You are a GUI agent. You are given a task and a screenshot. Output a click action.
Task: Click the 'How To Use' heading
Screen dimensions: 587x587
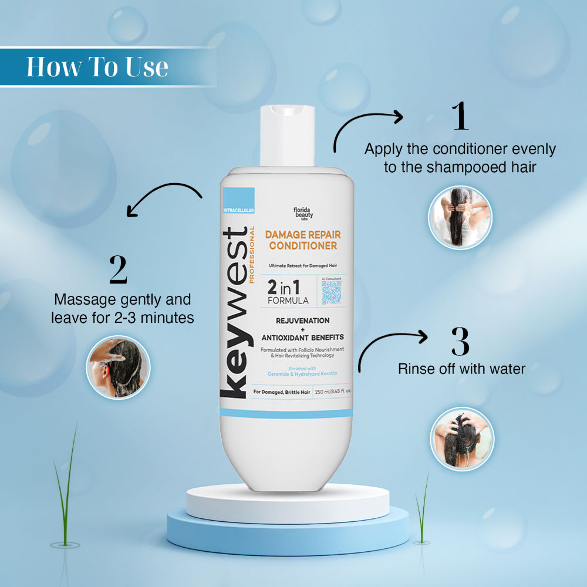(x=97, y=67)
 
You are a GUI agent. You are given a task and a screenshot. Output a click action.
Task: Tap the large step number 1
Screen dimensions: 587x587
(x=460, y=117)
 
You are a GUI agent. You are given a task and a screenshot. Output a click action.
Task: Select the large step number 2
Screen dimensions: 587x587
(x=118, y=269)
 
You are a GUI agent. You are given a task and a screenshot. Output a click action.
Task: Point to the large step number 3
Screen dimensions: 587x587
(x=460, y=341)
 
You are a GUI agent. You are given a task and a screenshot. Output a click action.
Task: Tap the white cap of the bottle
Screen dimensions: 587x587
(x=289, y=136)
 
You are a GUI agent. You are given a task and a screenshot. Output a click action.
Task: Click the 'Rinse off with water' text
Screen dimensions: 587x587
(x=461, y=369)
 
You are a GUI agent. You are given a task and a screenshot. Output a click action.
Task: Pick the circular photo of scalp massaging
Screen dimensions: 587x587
(x=119, y=367)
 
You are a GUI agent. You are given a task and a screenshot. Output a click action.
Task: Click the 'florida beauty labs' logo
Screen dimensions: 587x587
(x=303, y=213)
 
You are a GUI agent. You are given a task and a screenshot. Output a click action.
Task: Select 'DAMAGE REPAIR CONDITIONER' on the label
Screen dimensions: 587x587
(x=303, y=240)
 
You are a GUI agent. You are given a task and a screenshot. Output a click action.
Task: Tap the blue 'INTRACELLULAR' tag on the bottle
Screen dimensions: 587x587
(x=238, y=210)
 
